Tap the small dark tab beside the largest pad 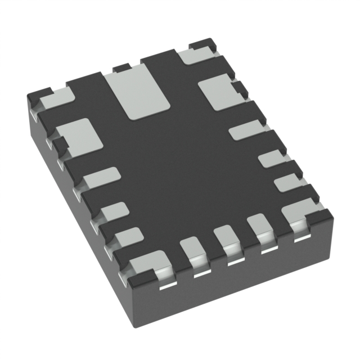click(120, 69)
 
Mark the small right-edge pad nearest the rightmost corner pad click(286, 182)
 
